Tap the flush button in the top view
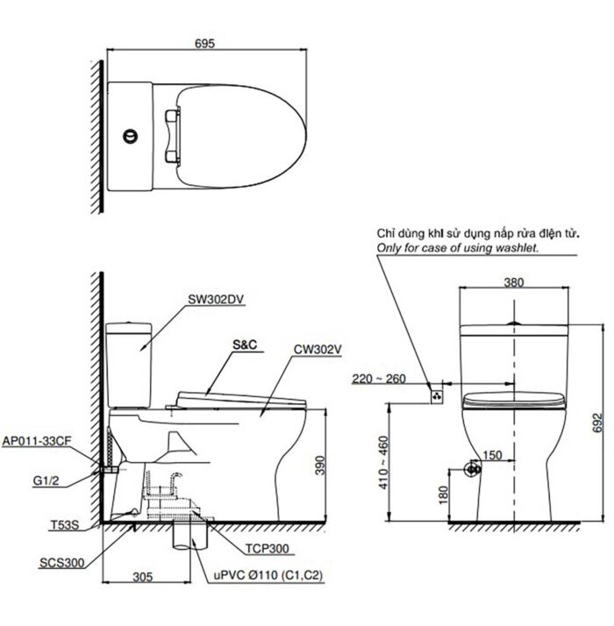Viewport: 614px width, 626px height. (131, 137)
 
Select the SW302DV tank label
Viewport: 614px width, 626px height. (216, 298)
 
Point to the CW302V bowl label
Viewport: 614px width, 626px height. (318, 348)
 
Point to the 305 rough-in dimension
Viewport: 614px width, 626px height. (145, 576)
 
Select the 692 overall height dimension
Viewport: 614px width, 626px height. (598, 423)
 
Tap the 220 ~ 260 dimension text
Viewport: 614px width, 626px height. (378, 379)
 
